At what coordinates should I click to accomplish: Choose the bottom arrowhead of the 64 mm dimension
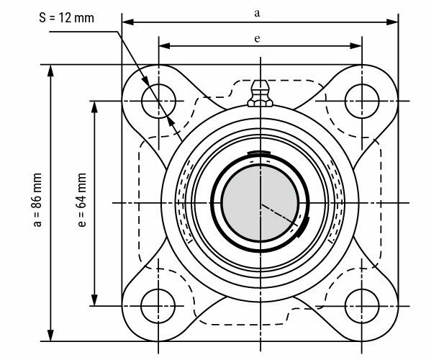point(94,302)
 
